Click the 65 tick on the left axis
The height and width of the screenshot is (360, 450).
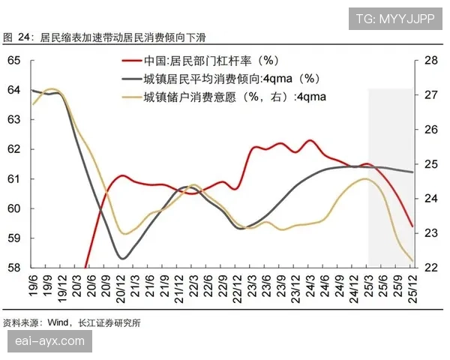click(13, 61)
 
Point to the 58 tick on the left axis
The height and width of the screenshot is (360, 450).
click(13, 268)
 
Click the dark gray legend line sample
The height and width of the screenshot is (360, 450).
click(132, 79)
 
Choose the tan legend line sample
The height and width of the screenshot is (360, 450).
click(132, 95)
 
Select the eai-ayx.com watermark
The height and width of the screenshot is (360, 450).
click(50, 342)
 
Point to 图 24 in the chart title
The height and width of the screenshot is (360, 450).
click(18, 36)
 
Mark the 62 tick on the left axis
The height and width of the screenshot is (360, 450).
click(13, 149)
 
